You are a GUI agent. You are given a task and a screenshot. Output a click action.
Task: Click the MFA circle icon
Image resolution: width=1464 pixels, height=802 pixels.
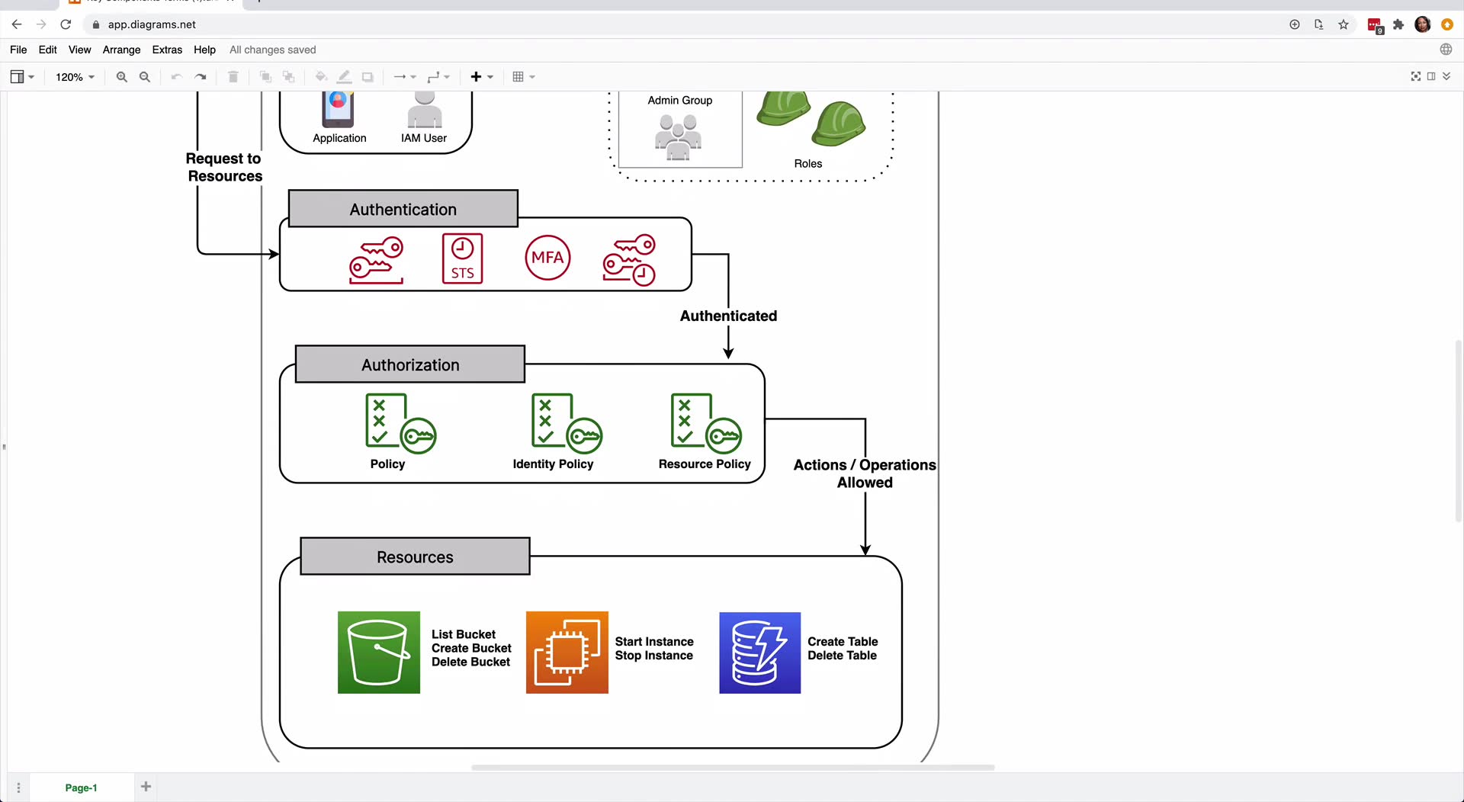tap(547, 258)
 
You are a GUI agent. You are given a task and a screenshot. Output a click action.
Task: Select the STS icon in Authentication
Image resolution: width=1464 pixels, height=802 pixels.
tap(462, 258)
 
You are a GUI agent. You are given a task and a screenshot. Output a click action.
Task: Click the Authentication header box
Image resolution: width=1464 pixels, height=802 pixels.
tap(403, 209)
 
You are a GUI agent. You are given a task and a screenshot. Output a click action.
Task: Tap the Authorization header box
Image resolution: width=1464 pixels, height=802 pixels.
tap(410, 364)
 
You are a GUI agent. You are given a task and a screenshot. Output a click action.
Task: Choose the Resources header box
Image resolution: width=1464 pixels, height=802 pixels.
tap(415, 557)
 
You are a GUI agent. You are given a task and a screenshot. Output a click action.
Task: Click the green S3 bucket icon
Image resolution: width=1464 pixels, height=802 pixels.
tap(379, 653)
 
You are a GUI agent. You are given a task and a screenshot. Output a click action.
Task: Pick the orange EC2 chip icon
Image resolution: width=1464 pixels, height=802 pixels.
tap(567, 653)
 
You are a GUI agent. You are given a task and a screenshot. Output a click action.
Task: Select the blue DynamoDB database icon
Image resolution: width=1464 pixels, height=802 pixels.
tap(760, 653)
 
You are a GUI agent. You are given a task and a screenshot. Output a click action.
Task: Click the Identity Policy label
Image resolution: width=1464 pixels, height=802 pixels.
tap(553, 464)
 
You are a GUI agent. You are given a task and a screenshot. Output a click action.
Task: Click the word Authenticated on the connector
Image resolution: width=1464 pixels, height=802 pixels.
tap(728, 316)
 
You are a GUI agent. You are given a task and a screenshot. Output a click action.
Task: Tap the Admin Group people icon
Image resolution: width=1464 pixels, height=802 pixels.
tap(678, 136)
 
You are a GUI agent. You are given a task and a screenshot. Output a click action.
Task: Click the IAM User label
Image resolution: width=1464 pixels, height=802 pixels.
tap(424, 138)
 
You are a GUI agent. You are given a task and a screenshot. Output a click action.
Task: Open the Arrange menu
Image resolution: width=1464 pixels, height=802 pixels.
tap(121, 50)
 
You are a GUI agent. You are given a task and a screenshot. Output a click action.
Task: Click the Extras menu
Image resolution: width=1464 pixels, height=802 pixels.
tap(167, 50)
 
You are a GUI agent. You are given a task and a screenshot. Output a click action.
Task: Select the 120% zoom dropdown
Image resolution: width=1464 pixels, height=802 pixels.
tap(75, 77)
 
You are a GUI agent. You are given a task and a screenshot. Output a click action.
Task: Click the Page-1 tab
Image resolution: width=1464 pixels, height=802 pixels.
tap(81, 788)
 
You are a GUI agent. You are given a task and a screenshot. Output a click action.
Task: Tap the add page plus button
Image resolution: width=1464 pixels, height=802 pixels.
tap(146, 787)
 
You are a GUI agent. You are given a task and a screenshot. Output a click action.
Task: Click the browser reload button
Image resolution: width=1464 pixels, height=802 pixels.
tap(66, 24)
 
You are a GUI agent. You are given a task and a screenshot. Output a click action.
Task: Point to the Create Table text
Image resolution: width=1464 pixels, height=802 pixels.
tap(843, 641)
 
